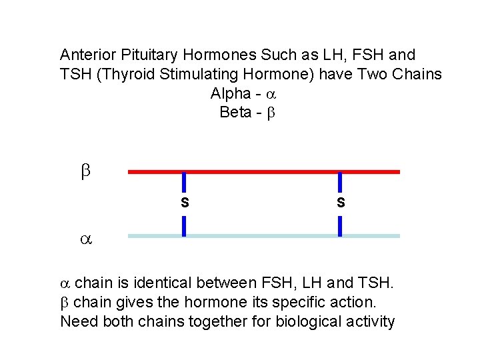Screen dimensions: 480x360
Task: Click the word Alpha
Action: [x=229, y=93]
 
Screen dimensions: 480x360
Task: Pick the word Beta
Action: [x=235, y=112]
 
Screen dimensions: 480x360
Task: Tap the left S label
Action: [x=185, y=202]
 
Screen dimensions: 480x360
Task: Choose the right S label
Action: [x=341, y=202]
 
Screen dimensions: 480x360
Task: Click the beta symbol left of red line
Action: [x=85, y=172]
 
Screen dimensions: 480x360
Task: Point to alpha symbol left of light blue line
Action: [x=85, y=237]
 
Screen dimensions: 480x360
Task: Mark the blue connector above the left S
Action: [x=185, y=183]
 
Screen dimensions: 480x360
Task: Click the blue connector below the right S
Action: [x=341, y=225]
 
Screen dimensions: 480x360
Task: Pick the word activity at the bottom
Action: [x=369, y=322]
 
